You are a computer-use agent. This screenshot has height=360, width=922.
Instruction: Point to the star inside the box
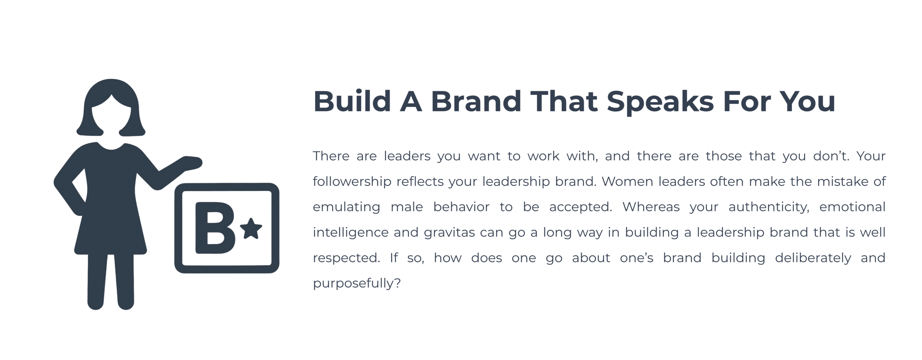(251, 229)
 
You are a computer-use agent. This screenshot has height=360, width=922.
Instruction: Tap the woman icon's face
(111, 115)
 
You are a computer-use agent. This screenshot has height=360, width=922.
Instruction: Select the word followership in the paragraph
(352, 181)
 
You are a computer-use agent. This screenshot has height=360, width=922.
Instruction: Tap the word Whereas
(651, 207)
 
